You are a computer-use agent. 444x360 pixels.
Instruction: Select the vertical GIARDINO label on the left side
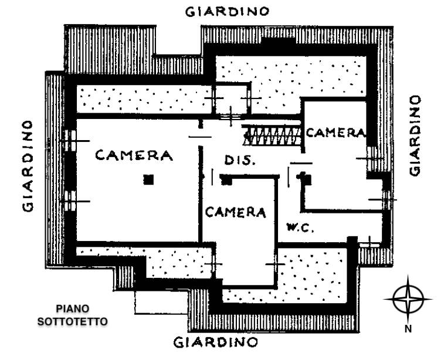point(27,167)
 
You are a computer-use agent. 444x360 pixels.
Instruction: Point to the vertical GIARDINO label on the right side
point(415,135)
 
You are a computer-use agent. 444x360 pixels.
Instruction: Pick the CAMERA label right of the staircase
point(335,133)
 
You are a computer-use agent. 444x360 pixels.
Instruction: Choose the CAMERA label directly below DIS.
point(235,212)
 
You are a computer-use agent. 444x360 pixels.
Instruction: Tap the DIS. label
point(239,160)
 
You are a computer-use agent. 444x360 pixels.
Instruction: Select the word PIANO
point(73,308)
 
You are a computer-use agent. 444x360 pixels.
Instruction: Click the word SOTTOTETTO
point(73,321)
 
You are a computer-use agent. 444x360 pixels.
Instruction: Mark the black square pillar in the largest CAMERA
point(149,179)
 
